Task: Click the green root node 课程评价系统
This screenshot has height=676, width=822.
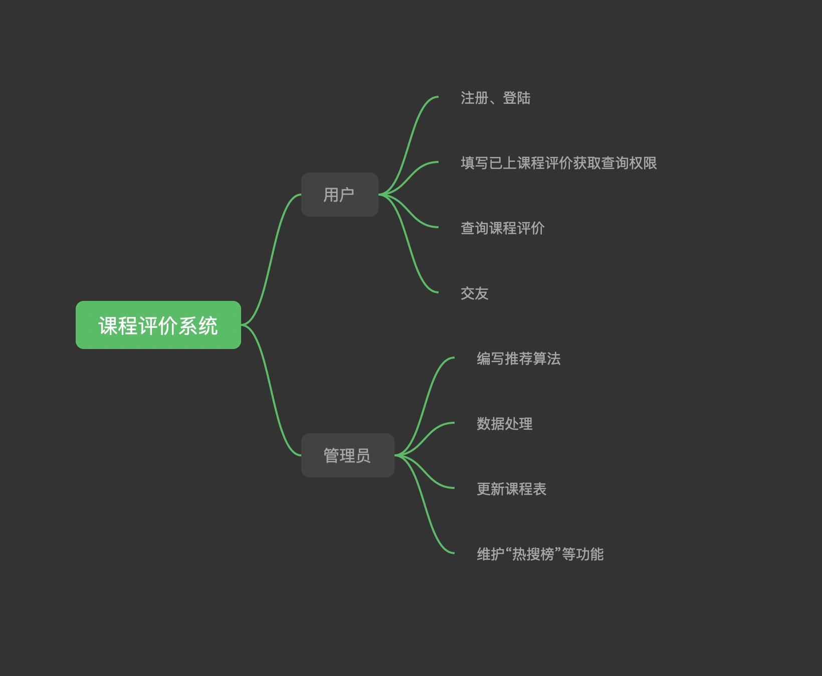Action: tap(158, 325)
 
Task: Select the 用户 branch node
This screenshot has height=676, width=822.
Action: tap(339, 195)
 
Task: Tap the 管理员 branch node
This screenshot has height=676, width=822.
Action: tap(347, 455)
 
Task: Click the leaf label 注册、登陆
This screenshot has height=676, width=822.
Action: tap(495, 98)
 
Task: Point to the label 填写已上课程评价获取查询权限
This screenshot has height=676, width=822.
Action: tap(558, 163)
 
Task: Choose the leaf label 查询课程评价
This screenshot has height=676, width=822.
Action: tap(502, 228)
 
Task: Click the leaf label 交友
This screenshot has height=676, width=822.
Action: tap(474, 293)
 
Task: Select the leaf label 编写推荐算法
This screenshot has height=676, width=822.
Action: tap(518, 359)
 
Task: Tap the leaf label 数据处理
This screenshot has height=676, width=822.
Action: tap(504, 424)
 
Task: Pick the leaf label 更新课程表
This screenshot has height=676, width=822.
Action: tap(511, 489)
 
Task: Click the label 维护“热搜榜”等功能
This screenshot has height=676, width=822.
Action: tap(540, 554)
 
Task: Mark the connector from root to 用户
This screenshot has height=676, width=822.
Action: tap(271, 260)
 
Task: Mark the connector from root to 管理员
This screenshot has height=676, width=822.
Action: tap(271, 390)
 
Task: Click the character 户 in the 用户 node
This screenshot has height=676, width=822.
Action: tap(346, 195)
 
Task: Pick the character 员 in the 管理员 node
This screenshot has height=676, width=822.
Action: tap(363, 455)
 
